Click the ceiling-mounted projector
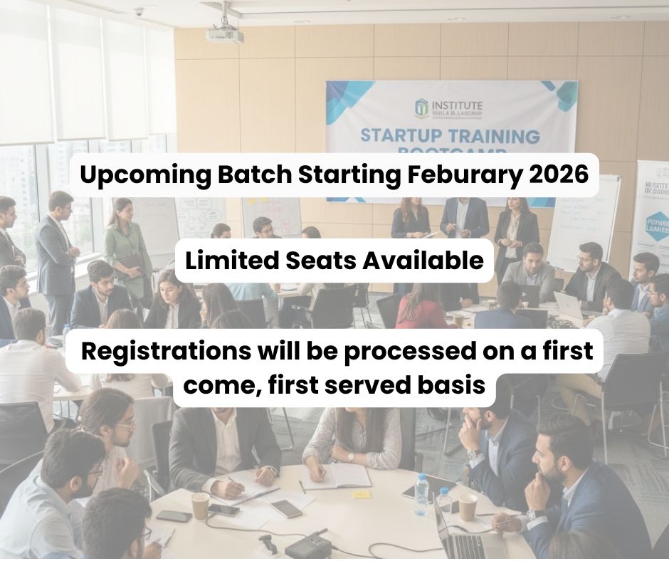coord(225,33)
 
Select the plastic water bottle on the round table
coord(421,494)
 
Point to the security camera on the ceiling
coord(139,11)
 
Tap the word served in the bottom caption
coord(364,387)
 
